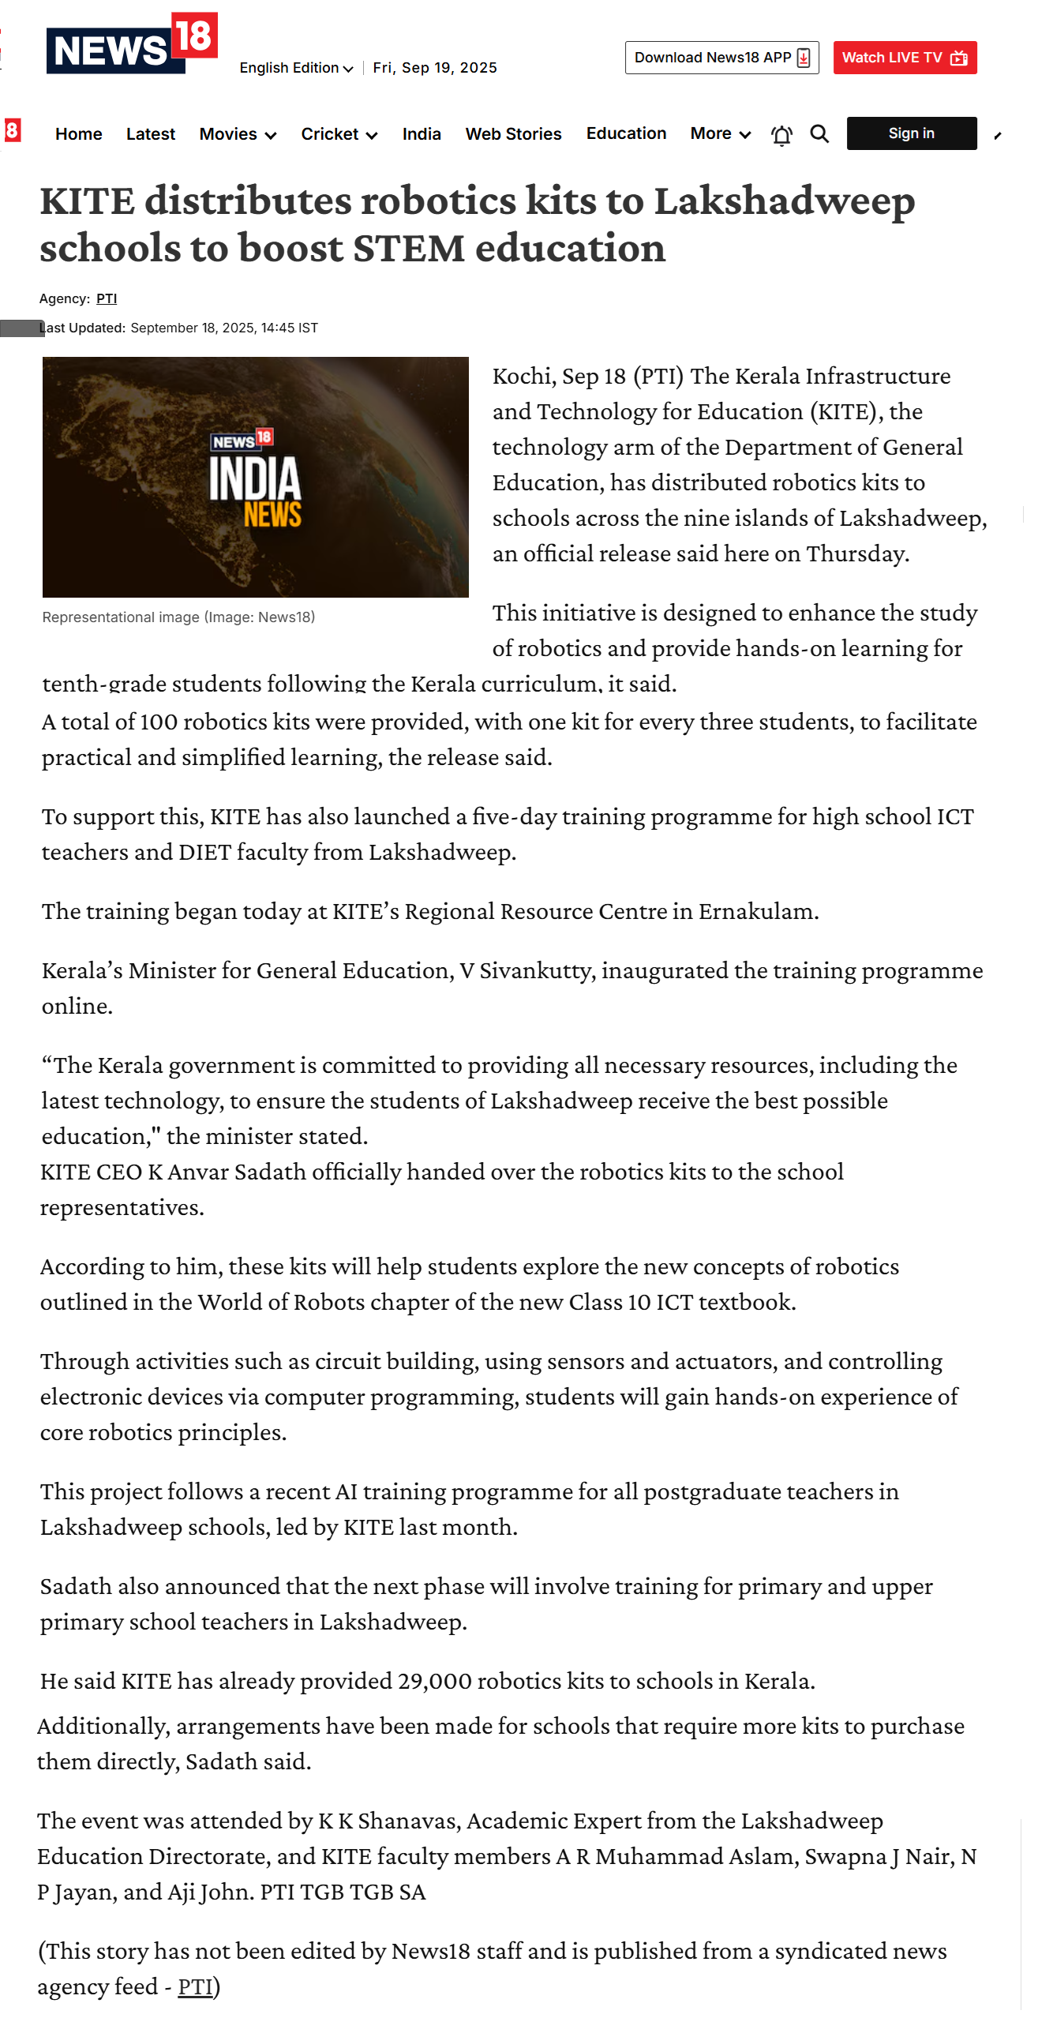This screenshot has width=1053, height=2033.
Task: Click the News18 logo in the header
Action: click(x=131, y=45)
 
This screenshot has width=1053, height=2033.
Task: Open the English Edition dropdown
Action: click(x=296, y=68)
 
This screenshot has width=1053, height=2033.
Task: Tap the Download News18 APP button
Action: click(x=721, y=58)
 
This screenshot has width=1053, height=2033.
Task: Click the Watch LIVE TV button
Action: click(x=905, y=58)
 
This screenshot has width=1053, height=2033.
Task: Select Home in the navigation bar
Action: click(x=79, y=134)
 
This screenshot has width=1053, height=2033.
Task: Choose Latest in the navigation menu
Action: click(x=151, y=134)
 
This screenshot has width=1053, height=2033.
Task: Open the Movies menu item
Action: click(x=238, y=134)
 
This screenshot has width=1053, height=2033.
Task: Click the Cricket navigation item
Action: click(x=339, y=134)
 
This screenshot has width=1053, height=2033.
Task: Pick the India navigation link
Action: click(x=422, y=134)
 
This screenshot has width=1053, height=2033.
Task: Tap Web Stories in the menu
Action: click(x=513, y=134)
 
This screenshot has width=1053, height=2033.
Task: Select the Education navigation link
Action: click(x=626, y=133)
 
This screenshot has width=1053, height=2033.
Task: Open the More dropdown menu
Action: click(x=720, y=134)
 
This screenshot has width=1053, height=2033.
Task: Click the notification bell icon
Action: click(x=781, y=136)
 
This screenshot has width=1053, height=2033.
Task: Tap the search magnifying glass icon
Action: click(x=819, y=134)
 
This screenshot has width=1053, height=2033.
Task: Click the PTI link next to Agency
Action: click(x=107, y=298)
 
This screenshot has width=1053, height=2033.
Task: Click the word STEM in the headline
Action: click(x=409, y=249)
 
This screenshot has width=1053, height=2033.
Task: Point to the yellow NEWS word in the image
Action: click(x=272, y=515)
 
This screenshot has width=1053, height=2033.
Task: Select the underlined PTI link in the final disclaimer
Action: click(x=196, y=1986)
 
